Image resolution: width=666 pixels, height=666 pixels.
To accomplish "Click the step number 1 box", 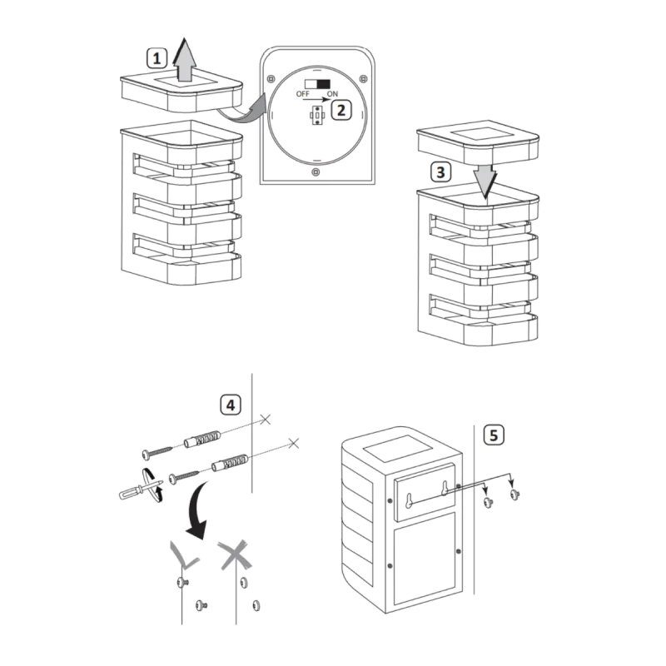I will [x=157, y=58].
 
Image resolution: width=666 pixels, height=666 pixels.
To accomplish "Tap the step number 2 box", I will [x=341, y=110].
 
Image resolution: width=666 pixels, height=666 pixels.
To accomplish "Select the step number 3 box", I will [x=441, y=173].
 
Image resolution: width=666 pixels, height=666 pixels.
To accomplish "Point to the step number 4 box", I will [x=231, y=405].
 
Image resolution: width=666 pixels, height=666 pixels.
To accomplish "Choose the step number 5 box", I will [x=495, y=434].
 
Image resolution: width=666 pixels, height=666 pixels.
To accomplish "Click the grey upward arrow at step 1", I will [x=186, y=62].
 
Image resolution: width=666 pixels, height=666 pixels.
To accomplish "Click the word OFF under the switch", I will [x=304, y=94].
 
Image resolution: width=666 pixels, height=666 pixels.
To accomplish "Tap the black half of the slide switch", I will [x=322, y=84].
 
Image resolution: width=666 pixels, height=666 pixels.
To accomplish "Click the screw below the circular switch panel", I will [x=315, y=172].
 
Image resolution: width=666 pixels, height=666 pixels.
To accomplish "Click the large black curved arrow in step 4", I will [x=197, y=507].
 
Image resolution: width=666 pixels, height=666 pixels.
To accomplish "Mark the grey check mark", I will [x=183, y=553].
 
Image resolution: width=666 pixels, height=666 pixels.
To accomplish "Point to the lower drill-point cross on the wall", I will [x=292, y=442].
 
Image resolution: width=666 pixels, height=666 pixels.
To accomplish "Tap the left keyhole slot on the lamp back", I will [x=409, y=498].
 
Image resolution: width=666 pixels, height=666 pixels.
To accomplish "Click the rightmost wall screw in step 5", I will [x=514, y=495].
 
